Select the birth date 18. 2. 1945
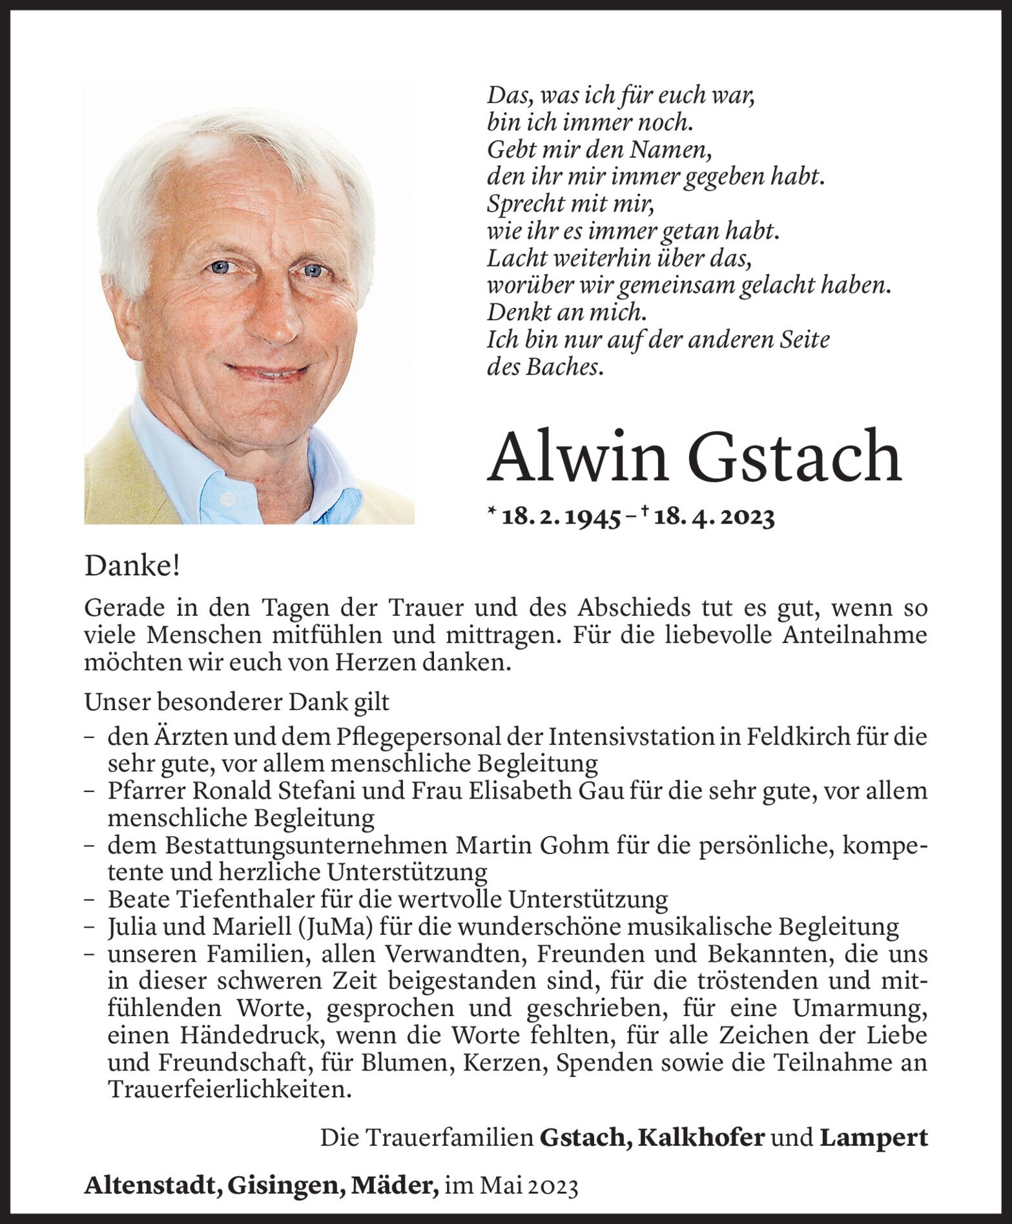pyautogui.click(x=559, y=518)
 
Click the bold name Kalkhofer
pyautogui.click(x=701, y=1137)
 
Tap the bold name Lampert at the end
pyautogui.click(x=873, y=1137)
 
